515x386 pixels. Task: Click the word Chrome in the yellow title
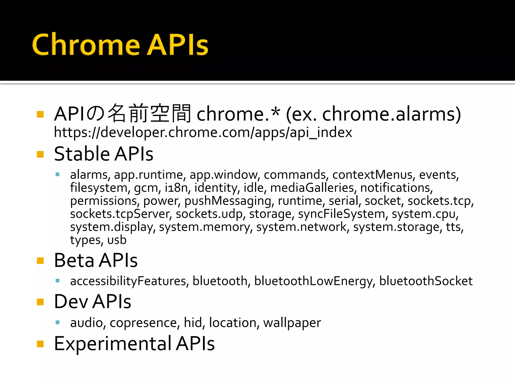[85, 45]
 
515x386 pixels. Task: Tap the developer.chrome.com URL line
[203, 132]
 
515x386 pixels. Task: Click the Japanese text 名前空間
[149, 114]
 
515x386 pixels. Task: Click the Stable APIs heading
[103, 154]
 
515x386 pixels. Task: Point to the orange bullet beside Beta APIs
[40, 261]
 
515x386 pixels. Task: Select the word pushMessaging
[228, 201]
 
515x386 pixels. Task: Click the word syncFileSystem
[341, 214]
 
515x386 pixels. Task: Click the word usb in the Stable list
[117, 240]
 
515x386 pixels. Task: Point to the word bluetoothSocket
[426, 281]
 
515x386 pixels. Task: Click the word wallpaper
[292, 323]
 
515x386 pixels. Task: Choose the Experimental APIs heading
[134, 344]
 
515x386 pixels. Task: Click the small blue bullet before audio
[58, 322]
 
